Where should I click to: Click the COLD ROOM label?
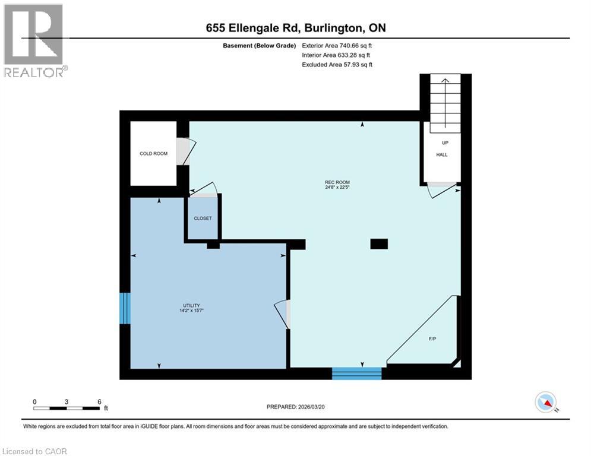pos(153,154)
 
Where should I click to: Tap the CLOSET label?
pos(203,218)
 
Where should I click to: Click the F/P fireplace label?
pos(432,339)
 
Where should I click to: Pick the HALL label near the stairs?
pos(441,155)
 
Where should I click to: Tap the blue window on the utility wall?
pos(125,308)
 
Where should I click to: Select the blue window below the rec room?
pos(356,373)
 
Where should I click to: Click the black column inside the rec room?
pos(378,243)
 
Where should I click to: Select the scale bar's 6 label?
pos(99,401)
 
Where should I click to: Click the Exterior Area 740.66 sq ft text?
pos(337,45)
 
